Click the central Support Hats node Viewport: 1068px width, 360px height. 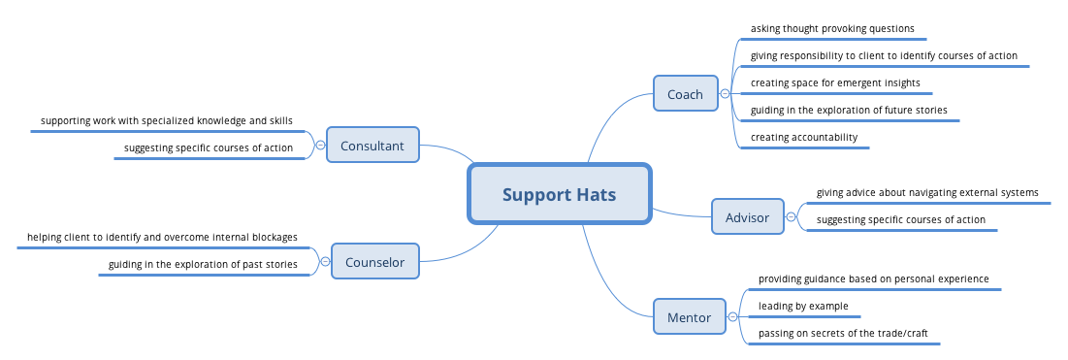point(559,194)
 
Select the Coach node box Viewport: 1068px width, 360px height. point(685,94)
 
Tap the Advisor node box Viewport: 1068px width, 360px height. point(747,217)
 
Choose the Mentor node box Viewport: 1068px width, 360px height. point(689,317)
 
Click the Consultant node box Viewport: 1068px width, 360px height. point(372,147)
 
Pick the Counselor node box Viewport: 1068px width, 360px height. point(374,261)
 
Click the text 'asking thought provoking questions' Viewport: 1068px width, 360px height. point(832,29)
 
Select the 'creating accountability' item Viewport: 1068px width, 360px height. point(804,138)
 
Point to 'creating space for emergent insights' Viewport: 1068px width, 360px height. point(835,83)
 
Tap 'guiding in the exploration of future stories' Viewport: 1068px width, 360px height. point(849,111)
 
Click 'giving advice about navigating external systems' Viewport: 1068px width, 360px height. point(927,192)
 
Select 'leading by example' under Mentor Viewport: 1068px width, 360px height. point(803,307)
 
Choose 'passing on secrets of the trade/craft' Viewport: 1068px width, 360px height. point(843,334)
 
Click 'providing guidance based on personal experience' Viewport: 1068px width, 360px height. point(873,279)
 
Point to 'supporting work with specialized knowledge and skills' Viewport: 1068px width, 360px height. point(167,121)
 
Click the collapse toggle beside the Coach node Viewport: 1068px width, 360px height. point(725,94)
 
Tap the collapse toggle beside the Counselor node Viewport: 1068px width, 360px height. point(325,261)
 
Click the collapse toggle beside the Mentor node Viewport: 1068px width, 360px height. point(732,317)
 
